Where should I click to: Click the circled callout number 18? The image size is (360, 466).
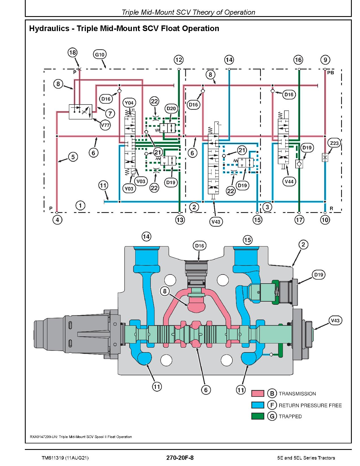tap(73, 53)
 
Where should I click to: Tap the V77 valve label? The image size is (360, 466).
tap(105, 125)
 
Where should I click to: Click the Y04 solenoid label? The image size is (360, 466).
tap(129, 103)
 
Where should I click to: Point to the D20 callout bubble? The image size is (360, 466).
tap(171, 109)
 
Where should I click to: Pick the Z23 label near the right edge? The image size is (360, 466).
tap(334, 143)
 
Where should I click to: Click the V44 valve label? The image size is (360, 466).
tap(289, 182)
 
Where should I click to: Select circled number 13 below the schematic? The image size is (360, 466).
tap(180, 220)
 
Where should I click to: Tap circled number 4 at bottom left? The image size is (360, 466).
tap(57, 220)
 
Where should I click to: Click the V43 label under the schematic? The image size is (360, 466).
tap(216, 222)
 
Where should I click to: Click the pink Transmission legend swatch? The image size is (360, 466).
tap(258, 393)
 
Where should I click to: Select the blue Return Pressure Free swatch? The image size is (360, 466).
tap(258, 405)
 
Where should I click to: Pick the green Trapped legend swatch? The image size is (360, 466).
tap(258, 416)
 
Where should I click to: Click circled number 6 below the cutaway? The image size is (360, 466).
tap(206, 390)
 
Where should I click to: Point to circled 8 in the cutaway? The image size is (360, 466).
tap(165, 291)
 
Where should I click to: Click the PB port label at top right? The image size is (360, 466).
tap(331, 73)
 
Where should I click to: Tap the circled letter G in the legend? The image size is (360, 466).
tap(272, 416)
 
